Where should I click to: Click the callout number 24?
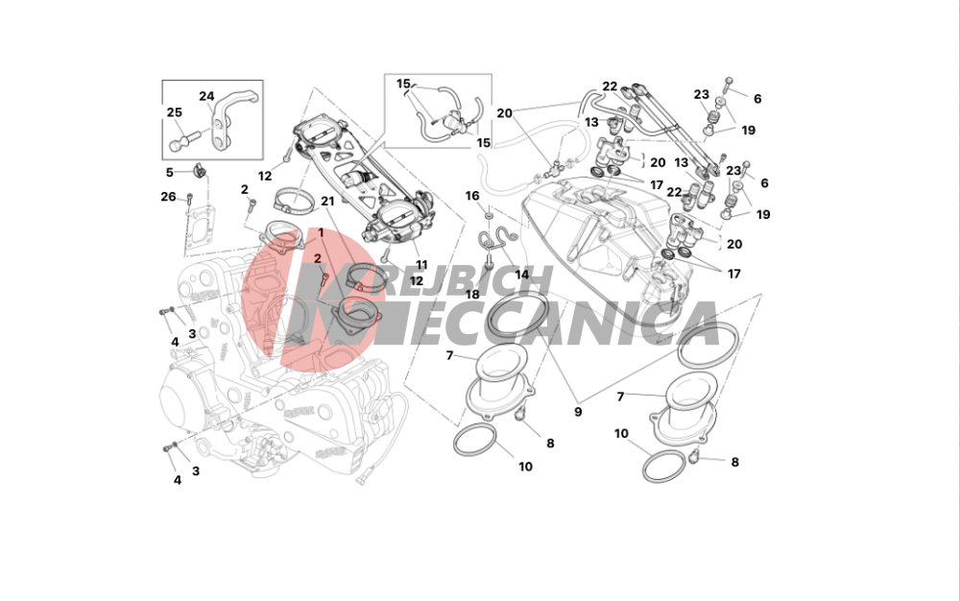(x=207, y=96)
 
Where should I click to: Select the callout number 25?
(x=175, y=112)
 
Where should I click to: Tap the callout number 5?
(x=170, y=173)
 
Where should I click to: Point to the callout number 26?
(x=168, y=197)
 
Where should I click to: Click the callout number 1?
(x=321, y=233)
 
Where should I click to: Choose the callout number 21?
(x=327, y=202)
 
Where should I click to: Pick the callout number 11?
(x=421, y=265)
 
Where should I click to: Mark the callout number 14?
(x=521, y=275)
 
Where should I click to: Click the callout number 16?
(x=472, y=196)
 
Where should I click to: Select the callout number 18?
(x=472, y=295)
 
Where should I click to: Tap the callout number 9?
(x=578, y=412)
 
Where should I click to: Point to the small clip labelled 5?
(x=199, y=170)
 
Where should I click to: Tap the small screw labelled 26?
(x=189, y=199)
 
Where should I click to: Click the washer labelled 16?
(x=490, y=217)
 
